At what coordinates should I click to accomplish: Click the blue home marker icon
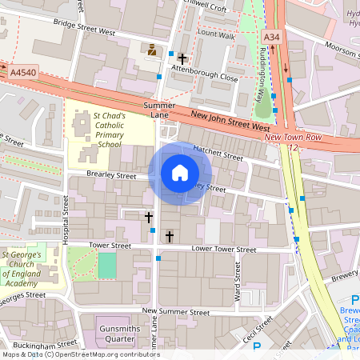pos(180,173)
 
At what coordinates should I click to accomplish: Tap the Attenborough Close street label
pos(210,78)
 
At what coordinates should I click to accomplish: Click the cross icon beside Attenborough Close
pos(182,58)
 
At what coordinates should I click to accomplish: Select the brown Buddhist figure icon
pos(151,50)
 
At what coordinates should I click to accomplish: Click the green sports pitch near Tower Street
pos(106,265)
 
